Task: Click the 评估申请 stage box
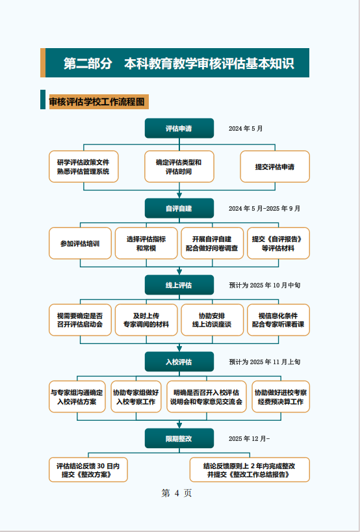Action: click(179, 128)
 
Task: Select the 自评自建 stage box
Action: click(179, 208)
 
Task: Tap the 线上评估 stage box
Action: click(179, 285)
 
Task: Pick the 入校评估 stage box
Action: click(179, 362)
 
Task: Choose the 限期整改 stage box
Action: click(179, 438)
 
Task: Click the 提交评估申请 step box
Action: click(275, 166)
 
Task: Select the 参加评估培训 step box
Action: click(80, 243)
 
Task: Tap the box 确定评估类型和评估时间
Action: click(179, 166)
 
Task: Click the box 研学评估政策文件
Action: click(84, 166)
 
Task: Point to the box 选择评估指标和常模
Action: click(146, 243)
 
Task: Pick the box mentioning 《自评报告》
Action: click(278, 243)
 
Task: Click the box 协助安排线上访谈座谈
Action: click(212, 320)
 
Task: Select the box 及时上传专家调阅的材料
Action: click(146, 320)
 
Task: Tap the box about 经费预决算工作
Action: click(281, 397)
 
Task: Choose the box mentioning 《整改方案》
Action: click(88, 470)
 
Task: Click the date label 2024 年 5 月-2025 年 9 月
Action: click(264, 208)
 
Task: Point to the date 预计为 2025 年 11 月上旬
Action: click(264, 362)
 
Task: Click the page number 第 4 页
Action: click(176, 493)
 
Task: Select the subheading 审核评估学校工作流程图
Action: click(99, 102)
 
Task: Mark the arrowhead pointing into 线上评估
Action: click(179, 272)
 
